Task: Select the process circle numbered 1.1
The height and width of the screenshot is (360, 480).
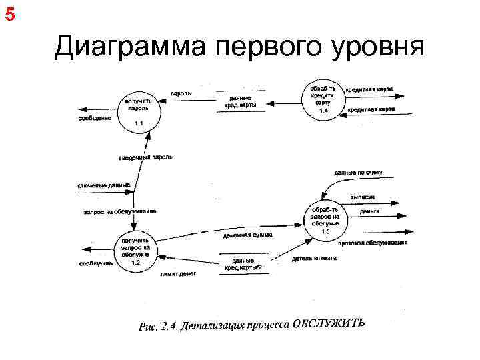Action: [138, 111]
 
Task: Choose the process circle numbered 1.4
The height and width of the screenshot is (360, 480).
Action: [323, 99]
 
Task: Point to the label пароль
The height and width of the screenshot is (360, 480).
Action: [181, 93]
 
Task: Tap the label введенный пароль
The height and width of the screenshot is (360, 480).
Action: [145, 157]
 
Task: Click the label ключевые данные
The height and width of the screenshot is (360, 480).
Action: [104, 185]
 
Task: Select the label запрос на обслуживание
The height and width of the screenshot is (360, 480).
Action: [120, 211]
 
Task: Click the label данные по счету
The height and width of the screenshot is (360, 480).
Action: [359, 173]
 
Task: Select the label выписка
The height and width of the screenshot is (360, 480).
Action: [362, 197]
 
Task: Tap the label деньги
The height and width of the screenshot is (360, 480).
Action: [369, 211]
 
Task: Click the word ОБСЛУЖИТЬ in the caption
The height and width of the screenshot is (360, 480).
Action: [331, 324]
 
